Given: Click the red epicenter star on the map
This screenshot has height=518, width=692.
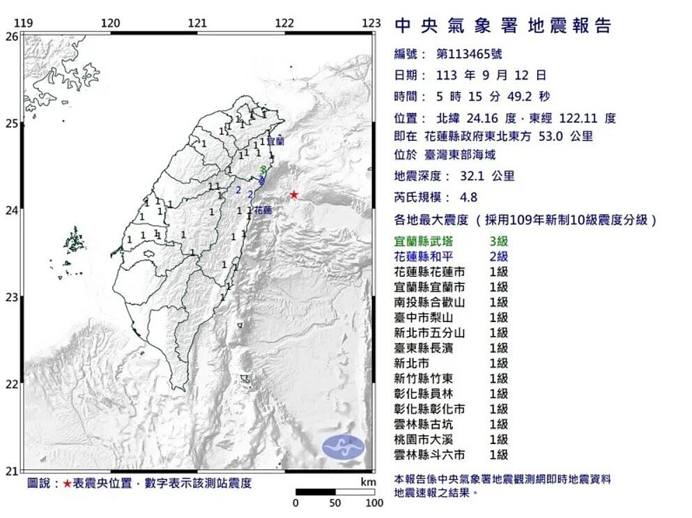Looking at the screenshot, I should tap(294, 195).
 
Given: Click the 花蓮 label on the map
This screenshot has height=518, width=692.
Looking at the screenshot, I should tap(262, 209).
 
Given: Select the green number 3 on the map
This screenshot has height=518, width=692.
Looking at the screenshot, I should tap(262, 169).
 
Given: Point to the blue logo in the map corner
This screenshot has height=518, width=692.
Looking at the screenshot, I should tap(344, 446).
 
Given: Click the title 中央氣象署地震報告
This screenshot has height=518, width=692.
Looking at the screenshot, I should tap(502, 26).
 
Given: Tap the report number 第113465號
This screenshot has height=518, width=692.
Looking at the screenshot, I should tap(468, 53).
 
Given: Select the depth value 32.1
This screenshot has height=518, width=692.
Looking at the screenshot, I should tap(472, 176).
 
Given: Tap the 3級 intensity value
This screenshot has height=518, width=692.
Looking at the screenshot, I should tap(498, 241).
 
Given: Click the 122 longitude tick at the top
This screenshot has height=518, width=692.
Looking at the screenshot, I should tap(284, 23).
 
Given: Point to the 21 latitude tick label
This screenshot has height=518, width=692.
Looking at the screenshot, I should tap(12, 471).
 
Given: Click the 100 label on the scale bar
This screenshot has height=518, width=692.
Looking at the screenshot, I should tap(374, 503).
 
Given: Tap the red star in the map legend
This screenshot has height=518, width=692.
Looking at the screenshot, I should tap(67, 483).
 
